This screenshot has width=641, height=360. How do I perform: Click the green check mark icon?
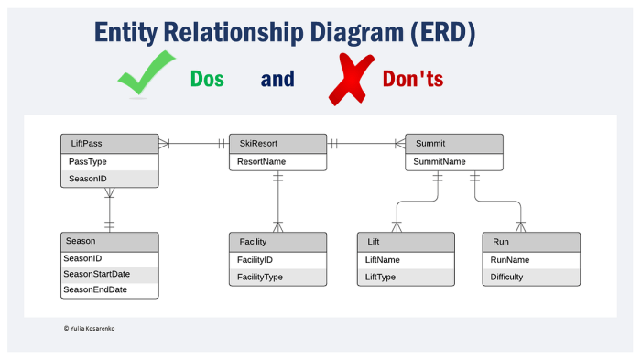146,73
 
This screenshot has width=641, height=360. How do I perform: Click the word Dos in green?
207,79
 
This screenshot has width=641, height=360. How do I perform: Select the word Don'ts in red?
400,79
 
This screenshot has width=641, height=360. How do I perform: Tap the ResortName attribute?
261,161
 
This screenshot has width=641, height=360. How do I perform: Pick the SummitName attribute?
440,161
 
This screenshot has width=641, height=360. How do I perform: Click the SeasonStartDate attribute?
96,274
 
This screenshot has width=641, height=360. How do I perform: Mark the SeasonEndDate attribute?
95,289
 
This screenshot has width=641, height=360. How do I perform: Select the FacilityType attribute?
261,277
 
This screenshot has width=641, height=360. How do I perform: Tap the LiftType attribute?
380,277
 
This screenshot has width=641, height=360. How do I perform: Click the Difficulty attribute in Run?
507,277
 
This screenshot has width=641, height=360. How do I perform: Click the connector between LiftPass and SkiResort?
192,144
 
